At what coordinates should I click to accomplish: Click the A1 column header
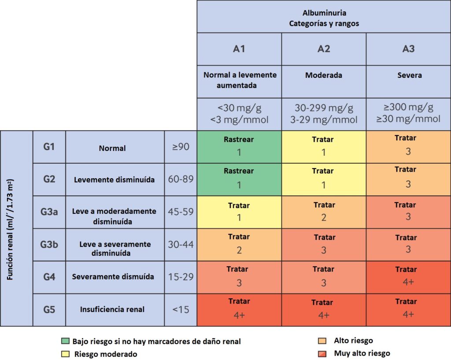[x=239, y=49]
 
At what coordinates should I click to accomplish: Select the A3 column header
[x=408, y=49]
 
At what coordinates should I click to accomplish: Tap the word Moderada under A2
[x=324, y=75]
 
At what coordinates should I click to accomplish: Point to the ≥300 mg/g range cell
[x=408, y=113]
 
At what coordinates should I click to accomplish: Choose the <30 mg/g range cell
[x=239, y=113]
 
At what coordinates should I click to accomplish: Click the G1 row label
[x=49, y=147]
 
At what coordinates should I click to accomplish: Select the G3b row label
[x=49, y=244]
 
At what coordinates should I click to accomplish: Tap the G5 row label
[x=49, y=309]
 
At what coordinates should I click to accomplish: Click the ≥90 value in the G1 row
[x=181, y=147]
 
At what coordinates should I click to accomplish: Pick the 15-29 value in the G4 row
[x=181, y=277]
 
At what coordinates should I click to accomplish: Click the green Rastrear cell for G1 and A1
[x=239, y=147]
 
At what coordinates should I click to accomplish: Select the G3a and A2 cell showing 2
[x=324, y=212]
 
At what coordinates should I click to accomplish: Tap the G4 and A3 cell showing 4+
[x=408, y=277]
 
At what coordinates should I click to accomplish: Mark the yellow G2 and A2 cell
[x=324, y=179]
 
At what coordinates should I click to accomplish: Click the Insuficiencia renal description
[x=112, y=309]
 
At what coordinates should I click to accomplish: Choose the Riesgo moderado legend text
[x=106, y=354]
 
